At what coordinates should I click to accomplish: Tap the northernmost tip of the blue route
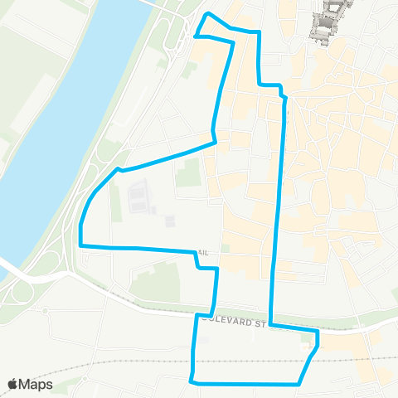[x=207, y=16]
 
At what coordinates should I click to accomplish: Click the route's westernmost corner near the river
[x=80, y=245]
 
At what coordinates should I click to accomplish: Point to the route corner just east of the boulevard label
[x=317, y=331]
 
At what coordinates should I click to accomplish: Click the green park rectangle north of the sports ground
[x=189, y=172]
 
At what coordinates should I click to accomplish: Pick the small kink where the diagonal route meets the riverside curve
[x=120, y=169]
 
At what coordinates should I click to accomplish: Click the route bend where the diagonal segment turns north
[x=216, y=142]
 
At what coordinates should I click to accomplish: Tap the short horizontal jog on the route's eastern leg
[x=270, y=85]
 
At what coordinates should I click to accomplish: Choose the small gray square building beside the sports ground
[x=169, y=221]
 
